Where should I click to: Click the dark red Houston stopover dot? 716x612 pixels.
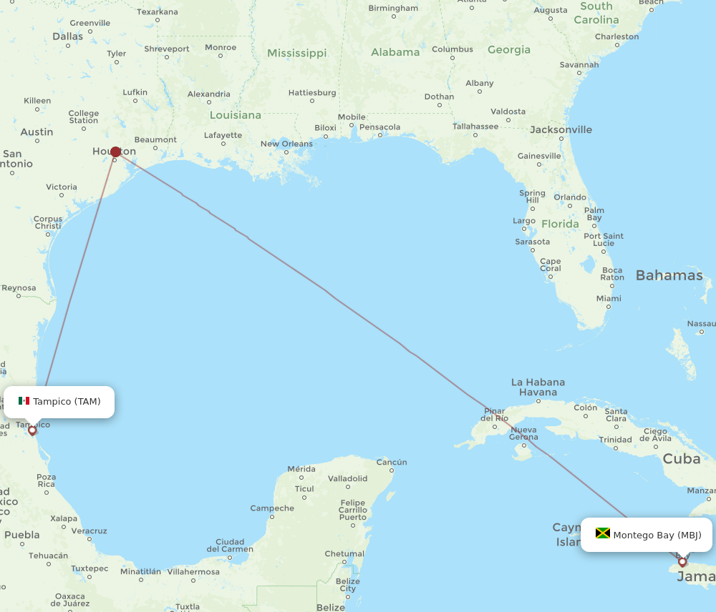pos(115,152)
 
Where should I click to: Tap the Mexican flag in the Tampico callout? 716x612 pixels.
pos(24,401)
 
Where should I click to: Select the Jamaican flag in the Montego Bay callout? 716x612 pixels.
pos(602,534)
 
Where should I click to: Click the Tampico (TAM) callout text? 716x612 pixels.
pos(67,401)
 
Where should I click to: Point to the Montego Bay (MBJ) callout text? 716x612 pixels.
pos(657,535)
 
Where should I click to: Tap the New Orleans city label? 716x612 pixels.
pos(286,144)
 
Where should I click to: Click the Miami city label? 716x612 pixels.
pos(609,298)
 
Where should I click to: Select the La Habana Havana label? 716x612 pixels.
pos(538,387)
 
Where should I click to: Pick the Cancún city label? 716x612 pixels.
pos(392,462)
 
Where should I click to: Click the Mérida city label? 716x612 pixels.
pos(301,469)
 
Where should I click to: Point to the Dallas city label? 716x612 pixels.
pos(68,36)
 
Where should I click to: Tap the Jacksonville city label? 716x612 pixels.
pos(561,129)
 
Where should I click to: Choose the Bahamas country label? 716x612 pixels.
pos(669,275)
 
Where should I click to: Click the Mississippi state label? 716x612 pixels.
pos(296,53)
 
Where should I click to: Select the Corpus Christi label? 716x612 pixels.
pos(48,222)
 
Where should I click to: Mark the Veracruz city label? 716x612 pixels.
pos(89,530)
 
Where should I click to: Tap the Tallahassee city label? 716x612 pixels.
pos(475,127)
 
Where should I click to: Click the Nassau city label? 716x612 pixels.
pos(701,323)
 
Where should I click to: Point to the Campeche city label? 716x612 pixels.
pos(272,508)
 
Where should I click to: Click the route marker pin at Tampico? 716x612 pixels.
pos(32,430)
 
